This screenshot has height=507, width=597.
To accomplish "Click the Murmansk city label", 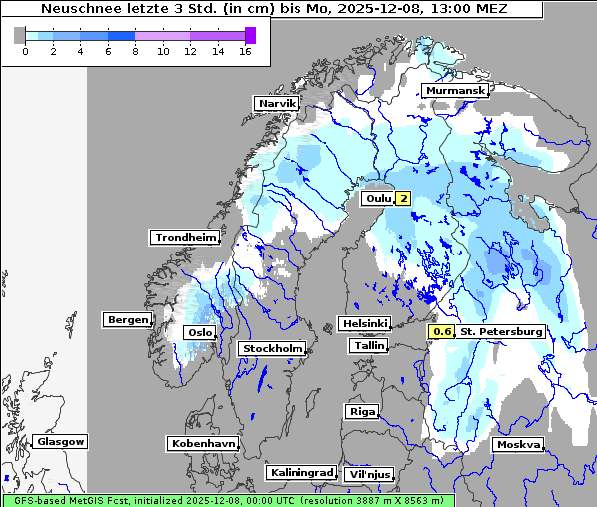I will tap(455, 91).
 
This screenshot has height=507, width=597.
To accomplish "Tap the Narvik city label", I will tap(277, 104).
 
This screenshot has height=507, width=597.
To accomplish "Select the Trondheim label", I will tap(185, 238).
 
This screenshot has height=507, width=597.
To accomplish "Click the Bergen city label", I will tap(126, 320).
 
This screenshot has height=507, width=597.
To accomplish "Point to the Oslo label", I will tap(198, 333).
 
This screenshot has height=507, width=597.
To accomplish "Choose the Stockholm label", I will tap(272, 349).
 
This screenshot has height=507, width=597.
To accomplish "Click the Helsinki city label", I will tap(364, 324).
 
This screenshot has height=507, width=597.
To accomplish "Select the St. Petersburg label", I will tap(501, 332).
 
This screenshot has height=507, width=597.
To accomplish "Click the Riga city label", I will tap(361, 412).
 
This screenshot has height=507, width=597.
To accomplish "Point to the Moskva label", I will tap(518, 445).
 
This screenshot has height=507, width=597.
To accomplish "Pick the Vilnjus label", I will tap(368, 475).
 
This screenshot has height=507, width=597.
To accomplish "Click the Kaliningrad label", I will tap(300, 473).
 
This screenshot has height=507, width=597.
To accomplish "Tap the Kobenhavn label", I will tap(203, 443).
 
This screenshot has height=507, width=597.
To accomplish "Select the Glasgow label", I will tap(60, 442).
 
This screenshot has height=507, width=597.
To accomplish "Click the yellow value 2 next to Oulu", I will tap(403, 199).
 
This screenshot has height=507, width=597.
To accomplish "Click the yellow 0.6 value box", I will tap(442, 332).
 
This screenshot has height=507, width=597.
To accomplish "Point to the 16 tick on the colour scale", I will tap(245, 51).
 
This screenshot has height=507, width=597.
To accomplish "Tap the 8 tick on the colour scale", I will tap(135, 51).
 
